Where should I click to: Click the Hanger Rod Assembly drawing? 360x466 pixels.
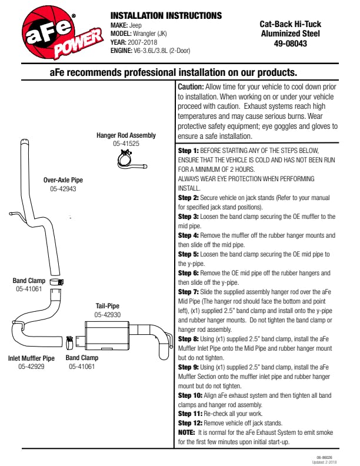point(128,158)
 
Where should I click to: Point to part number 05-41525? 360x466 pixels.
point(126,144)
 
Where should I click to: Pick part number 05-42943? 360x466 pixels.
point(63,189)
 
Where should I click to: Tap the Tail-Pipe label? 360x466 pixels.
point(108,306)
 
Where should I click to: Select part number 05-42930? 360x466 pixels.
point(108,315)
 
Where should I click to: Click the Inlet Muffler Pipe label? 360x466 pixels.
point(31,358)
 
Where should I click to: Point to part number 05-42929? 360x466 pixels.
point(31,367)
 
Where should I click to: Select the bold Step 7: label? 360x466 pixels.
point(188,292)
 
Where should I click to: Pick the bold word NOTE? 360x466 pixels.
point(188,433)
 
